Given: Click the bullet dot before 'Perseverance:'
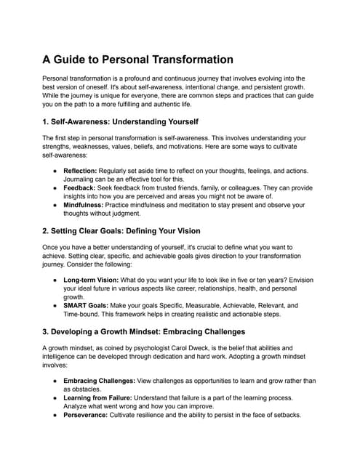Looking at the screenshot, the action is (55, 416).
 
